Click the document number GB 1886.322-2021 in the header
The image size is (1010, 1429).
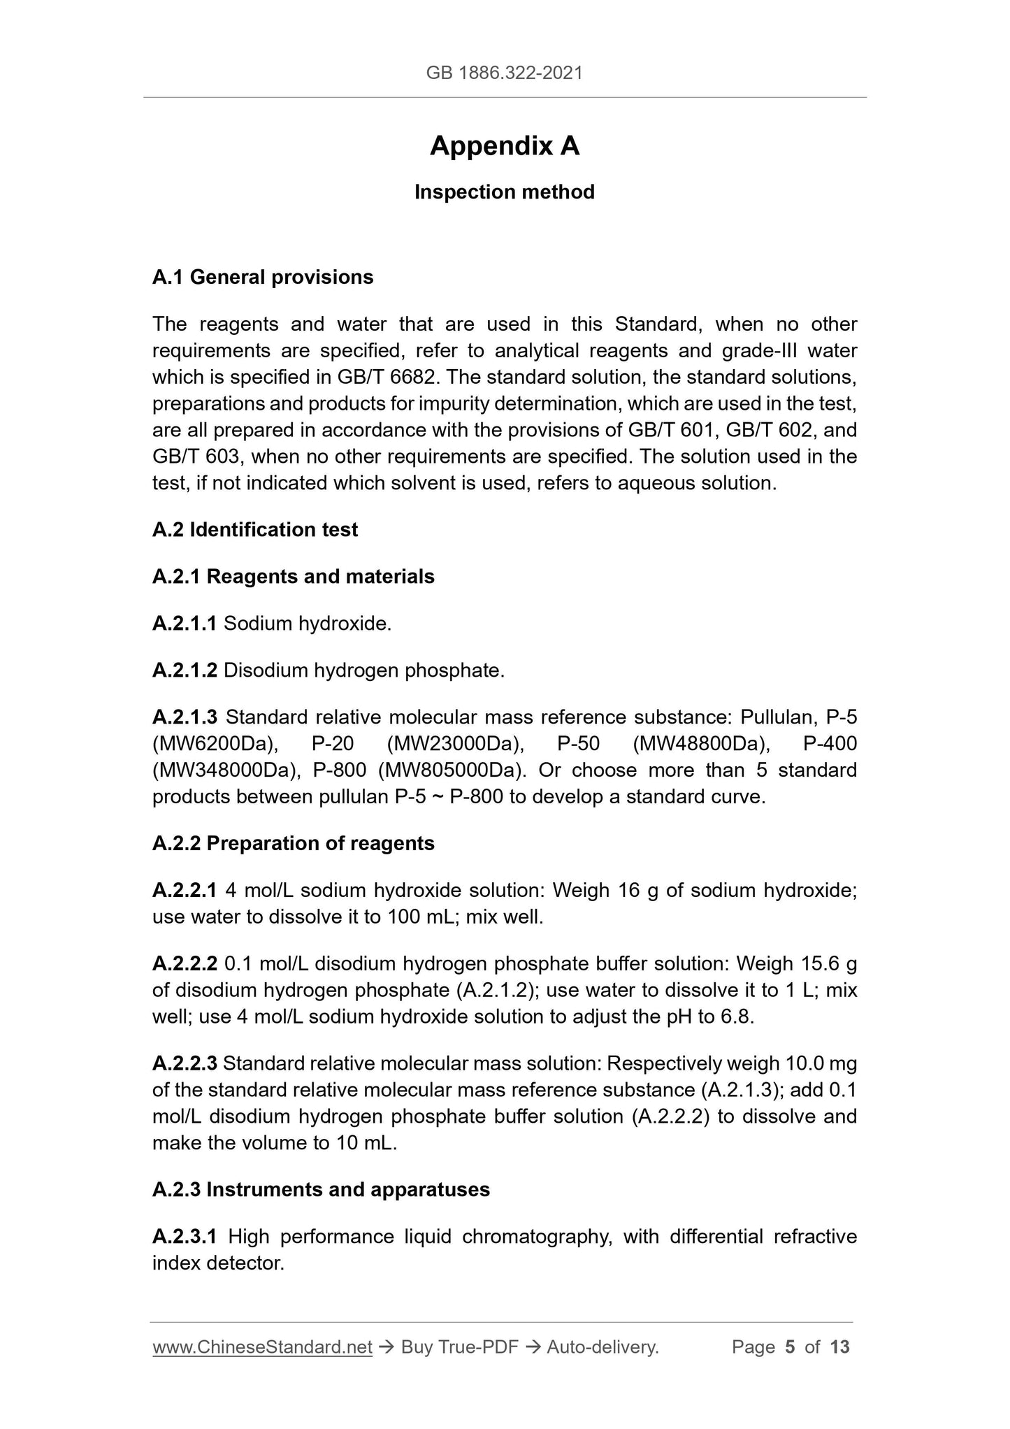pos(504,73)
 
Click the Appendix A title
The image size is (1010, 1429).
pos(504,146)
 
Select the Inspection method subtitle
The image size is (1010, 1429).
pos(504,192)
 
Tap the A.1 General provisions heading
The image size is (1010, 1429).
pos(263,278)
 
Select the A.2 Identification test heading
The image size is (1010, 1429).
pos(254,530)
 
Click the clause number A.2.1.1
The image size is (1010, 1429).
pos(185,624)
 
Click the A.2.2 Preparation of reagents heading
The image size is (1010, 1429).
pos(293,844)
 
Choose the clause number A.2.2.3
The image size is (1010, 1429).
pos(185,1064)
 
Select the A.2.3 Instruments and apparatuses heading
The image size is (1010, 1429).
pos(321,1190)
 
